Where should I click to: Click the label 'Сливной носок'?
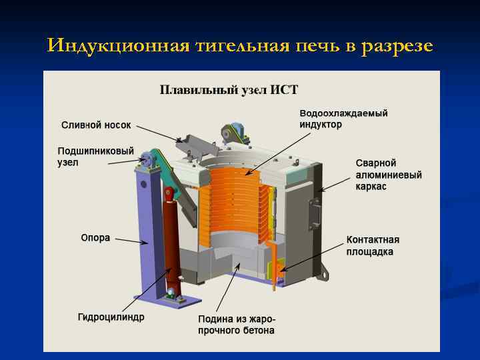coord(96,125)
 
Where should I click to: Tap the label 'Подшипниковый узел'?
coord(96,157)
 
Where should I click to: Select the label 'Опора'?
coord(95,238)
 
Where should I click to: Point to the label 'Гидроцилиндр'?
coord(111,317)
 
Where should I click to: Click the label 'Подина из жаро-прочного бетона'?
coord(237,325)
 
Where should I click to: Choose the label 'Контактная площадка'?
coord(373,245)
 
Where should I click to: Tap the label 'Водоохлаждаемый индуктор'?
coord(343,119)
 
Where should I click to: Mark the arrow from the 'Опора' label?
coord(130,241)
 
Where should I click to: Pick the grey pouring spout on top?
coord(200,143)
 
